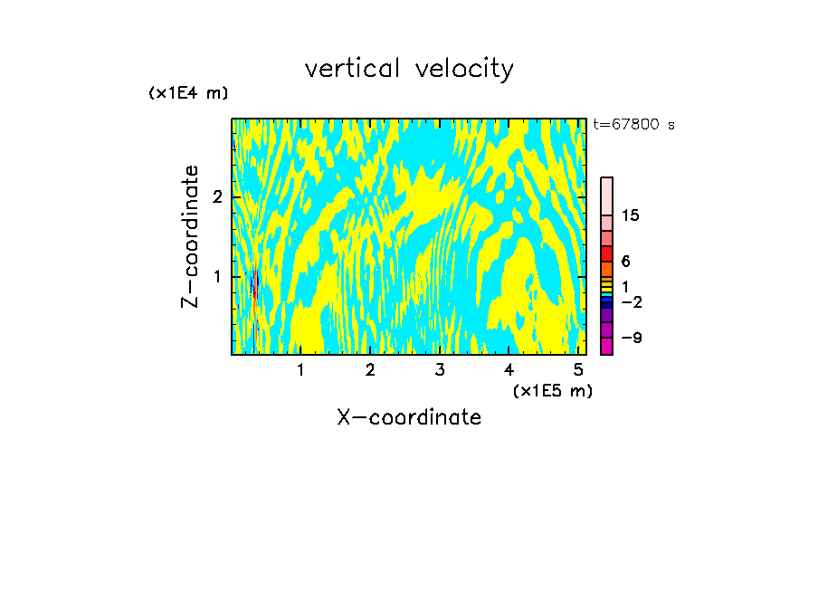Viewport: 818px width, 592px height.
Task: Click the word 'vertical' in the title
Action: click(x=348, y=69)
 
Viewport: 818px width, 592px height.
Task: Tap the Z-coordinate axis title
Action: click(x=190, y=236)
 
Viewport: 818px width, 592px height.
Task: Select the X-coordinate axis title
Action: click(x=409, y=417)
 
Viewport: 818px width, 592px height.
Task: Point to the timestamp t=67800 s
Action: click(x=633, y=125)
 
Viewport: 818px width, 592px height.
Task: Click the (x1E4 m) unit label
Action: click(x=188, y=93)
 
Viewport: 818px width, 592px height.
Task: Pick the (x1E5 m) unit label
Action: click(x=552, y=390)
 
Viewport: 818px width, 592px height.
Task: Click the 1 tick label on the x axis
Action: click(x=300, y=370)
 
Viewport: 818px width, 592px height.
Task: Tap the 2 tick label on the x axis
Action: click(x=370, y=370)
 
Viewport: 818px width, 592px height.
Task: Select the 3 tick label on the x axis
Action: click(x=440, y=370)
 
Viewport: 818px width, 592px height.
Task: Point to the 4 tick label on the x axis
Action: click(x=509, y=370)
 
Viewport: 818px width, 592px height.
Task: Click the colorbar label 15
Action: click(x=631, y=215)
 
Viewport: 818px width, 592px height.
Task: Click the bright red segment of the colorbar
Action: click(x=606, y=253)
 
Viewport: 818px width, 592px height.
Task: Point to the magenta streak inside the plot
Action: click(x=256, y=282)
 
